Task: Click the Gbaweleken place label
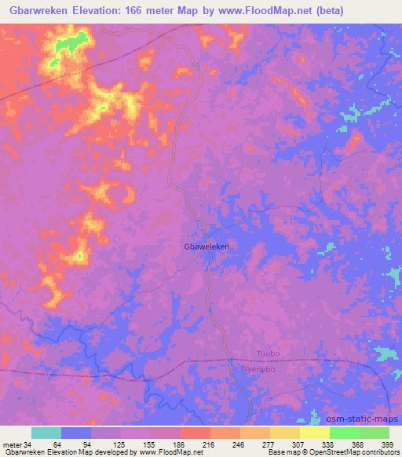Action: (x=206, y=247)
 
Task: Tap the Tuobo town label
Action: (x=268, y=354)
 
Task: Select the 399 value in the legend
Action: (x=387, y=444)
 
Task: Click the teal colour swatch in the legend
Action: (x=46, y=433)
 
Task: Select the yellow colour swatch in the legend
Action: (x=315, y=433)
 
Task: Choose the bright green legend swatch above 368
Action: (x=345, y=433)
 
